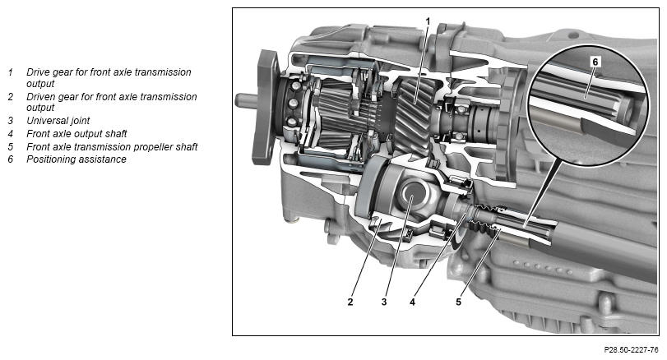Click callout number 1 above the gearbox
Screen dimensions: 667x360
click(x=428, y=21)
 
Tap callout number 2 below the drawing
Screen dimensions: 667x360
click(x=350, y=302)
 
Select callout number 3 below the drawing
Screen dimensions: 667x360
click(x=384, y=302)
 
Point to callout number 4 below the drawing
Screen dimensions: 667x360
click(x=412, y=302)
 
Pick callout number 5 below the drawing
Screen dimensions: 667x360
click(x=458, y=302)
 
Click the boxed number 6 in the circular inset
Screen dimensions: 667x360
click(x=595, y=62)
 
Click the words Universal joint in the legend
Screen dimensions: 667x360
click(x=58, y=121)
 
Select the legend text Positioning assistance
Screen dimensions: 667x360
click(x=76, y=159)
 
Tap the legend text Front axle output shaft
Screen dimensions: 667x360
click(x=76, y=134)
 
